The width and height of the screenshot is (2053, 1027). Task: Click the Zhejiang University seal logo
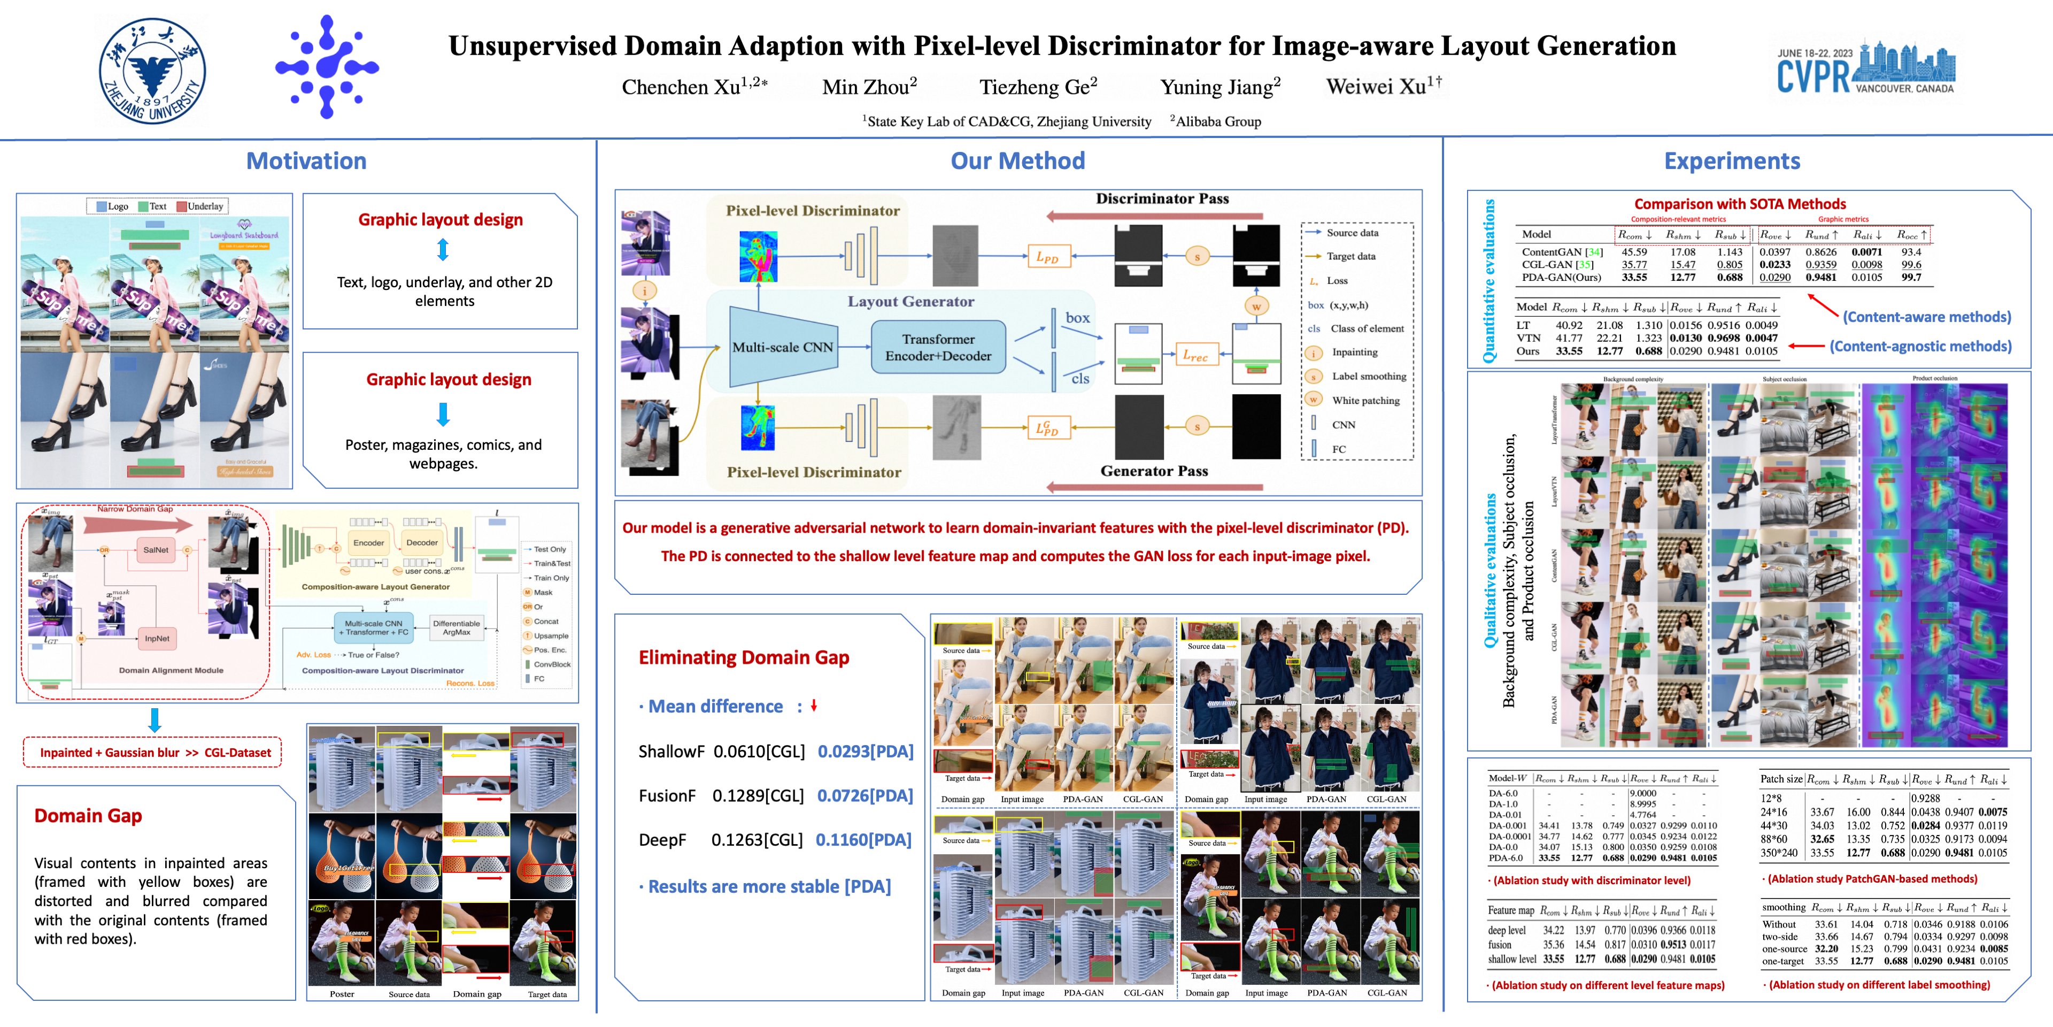[152, 70]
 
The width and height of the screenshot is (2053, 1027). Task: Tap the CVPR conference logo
[1865, 70]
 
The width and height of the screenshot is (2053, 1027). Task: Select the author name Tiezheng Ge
[1038, 86]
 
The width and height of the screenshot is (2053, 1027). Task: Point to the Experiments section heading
[1731, 161]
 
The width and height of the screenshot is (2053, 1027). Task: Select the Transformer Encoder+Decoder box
[938, 348]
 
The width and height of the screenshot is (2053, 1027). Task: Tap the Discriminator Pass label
[1161, 198]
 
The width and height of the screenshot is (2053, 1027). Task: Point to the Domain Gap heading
[88, 816]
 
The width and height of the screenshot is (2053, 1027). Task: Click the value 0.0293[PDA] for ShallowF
[865, 751]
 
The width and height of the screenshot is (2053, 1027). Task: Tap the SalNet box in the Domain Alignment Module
[156, 550]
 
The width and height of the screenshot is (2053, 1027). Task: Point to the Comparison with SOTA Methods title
[1739, 204]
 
